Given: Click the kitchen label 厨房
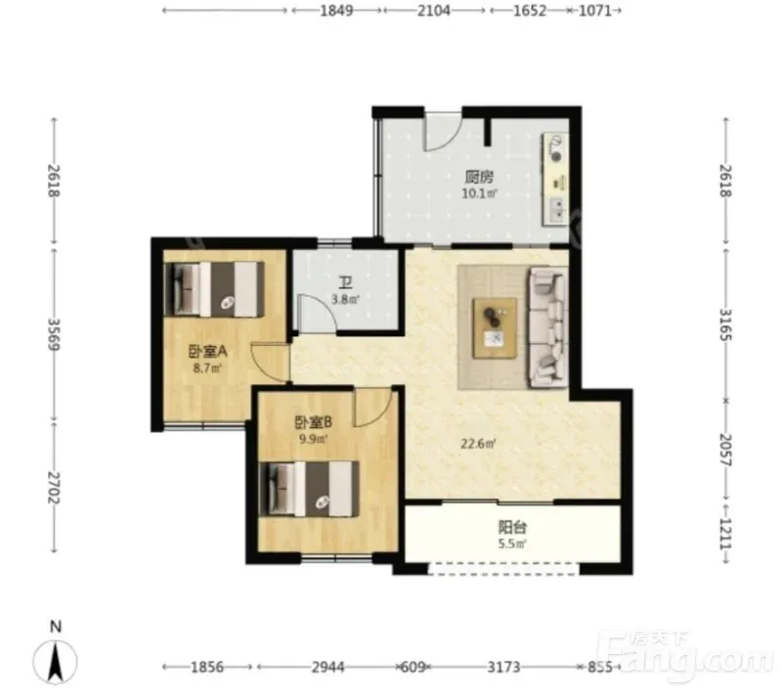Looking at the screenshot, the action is pyautogui.click(x=479, y=177).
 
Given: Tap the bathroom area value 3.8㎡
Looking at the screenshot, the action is pyautogui.click(x=346, y=300).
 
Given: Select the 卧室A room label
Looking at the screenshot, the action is pyautogui.click(x=207, y=352).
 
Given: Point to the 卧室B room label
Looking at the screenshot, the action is pyautogui.click(x=313, y=423).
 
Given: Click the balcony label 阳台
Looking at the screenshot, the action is pyautogui.click(x=512, y=527).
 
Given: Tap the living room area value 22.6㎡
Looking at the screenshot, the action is pyautogui.click(x=478, y=443).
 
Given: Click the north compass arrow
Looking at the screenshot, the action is pyautogui.click(x=56, y=662).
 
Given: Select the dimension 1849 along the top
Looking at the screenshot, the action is pyautogui.click(x=336, y=11).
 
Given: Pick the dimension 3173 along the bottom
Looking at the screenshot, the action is pyautogui.click(x=503, y=667).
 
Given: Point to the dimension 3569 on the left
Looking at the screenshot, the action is pyautogui.click(x=55, y=334).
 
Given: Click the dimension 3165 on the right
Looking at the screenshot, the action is pyautogui.click(x=725, y=324).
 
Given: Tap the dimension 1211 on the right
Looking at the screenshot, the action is pyautogui.click(x=725, y=534).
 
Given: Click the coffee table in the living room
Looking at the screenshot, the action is pyautogui.click(x=496, y=327).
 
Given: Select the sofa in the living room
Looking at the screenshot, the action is pyautogui.click(x=548, y=327).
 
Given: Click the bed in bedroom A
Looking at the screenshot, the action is pyautogui.click(x=214, y=289).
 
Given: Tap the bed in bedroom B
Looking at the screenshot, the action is pyautogui.click(x=309, y=489).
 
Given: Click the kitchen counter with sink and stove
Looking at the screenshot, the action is pyautogui.click(x=555, y=179).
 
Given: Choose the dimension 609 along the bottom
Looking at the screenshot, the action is pyautogui.click(x=413, y=667).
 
